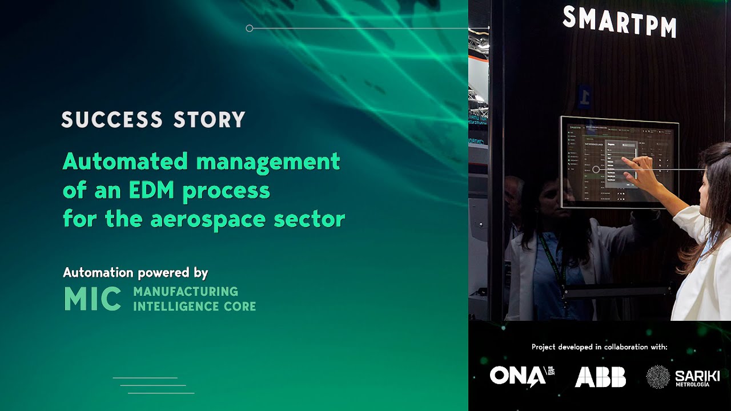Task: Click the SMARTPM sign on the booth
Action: coord(620,22)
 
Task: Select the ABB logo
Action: coord(600,377)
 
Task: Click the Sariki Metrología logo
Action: coord(682,377)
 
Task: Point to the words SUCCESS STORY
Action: coord(153,120)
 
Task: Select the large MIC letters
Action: coord(93,299)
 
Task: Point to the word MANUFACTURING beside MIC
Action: coord(186,292)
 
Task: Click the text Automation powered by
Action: coord(135,272)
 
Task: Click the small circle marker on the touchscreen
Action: coord(596,169)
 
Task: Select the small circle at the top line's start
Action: coord(249,28)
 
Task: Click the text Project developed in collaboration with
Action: coord(599,346)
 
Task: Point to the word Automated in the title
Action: coord(125,162)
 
